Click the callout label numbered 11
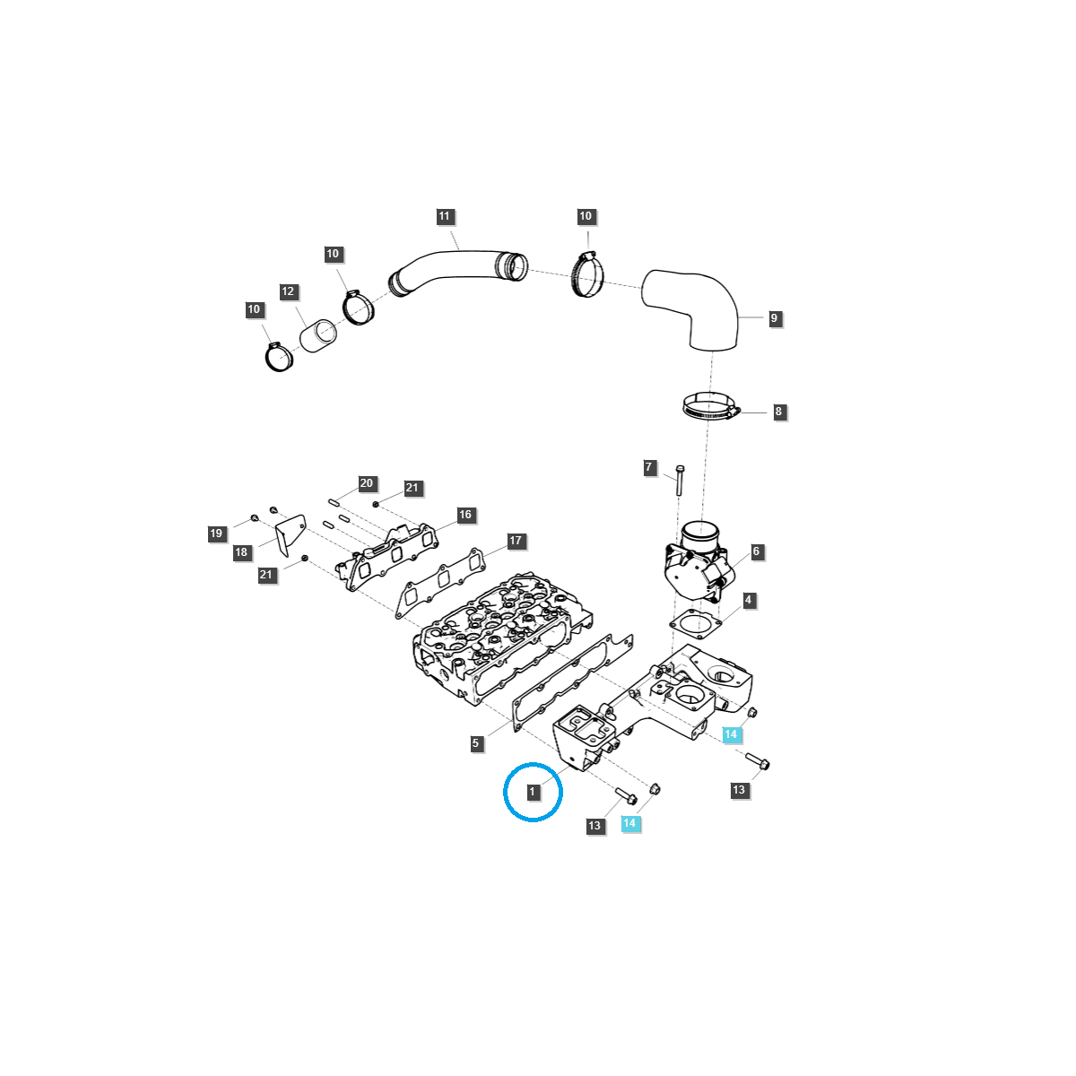click(x=445, y=216)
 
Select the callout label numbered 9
click(x=774, y=318)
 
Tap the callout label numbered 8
click(x=778, y=412)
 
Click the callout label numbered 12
click(x=288, y=291)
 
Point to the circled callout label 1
click(x=533, y=792)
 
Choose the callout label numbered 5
click(x=476, y=743)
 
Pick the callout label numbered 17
click(x=516, y=541)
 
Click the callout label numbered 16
click(x=464, y=515)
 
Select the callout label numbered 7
click(x=649, y=467)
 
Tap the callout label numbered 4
click(x=748, y=600)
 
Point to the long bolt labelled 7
click(x=680, y=481)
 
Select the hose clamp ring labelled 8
click(x=710, y=407)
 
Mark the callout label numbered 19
click(x=216, y=534)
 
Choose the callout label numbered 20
click(x=366, y=483)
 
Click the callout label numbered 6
click(x=756, y=551)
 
